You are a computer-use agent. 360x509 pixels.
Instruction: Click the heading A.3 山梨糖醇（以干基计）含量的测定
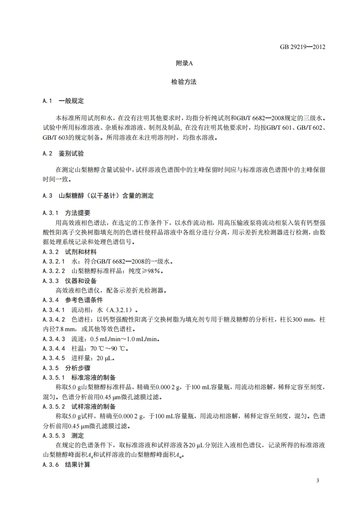coord(98,196)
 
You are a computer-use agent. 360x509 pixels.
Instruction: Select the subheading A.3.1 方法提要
coord(66,212)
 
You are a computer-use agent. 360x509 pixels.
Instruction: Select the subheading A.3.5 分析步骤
coord(66,368)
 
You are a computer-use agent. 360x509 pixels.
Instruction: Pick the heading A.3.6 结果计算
coord(66,465)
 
